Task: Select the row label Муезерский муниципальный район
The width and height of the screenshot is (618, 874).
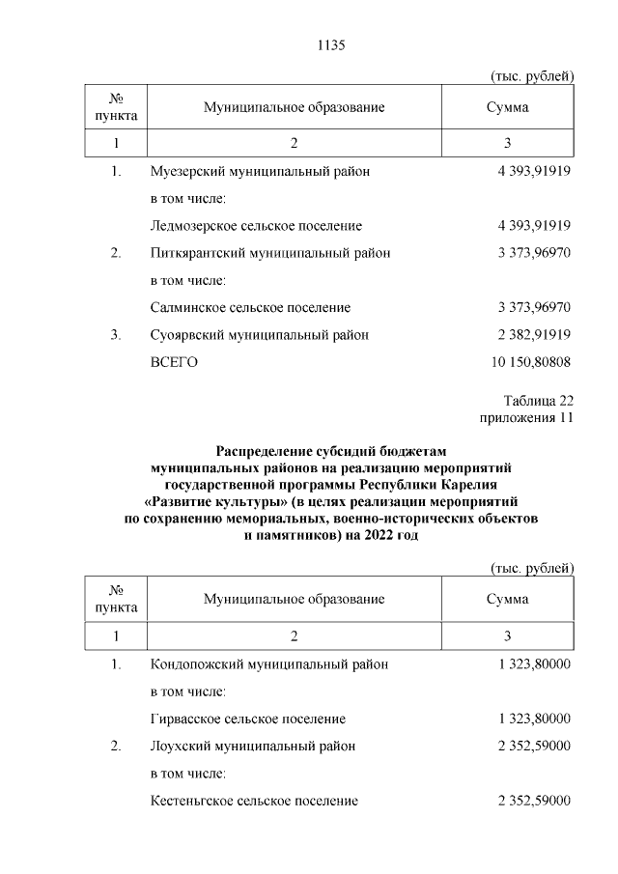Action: pyautogui.click(x=260, y=171)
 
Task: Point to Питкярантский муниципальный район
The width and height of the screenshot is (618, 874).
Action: pyautogui.click(x=270, y=253)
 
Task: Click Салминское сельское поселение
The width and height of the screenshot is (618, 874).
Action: pyautogui.click(x=250, y=307)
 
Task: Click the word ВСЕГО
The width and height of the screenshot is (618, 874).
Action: pyautogui.click(x=174, y=362)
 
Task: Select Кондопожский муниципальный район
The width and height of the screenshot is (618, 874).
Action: pyautogui.click(x=270, y=664)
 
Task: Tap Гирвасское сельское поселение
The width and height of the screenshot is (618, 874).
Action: pyautogui.click(x=248, y=719)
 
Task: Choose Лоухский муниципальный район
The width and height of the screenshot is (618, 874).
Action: pyautogui.click(x=253, y=746)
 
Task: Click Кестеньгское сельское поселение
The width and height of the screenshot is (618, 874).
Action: pyautogui.click(x=255, y=801)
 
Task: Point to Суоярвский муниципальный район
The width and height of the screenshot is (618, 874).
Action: pyautogui.click(x=260, y=335)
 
